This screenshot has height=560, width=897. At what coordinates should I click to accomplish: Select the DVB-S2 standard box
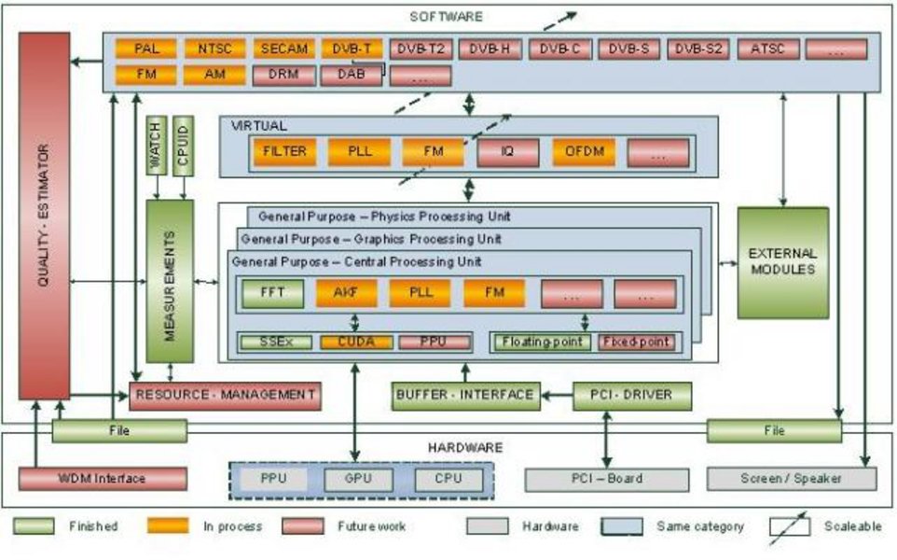pos(698,49)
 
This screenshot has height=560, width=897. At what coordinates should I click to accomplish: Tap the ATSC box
pos(767,49)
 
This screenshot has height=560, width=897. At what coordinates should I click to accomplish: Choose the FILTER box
pos(284,151)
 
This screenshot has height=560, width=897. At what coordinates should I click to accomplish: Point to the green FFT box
pos(267,292)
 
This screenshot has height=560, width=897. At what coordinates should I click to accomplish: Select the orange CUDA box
pos(354,343)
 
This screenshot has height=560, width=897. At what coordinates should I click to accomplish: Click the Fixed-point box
pos(635,343)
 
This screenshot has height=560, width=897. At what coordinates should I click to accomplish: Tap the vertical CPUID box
pos(184,146)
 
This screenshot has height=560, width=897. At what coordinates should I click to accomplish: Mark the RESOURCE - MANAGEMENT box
pos(225,395)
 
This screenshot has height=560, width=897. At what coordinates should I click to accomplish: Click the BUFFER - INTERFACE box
pos(464,395)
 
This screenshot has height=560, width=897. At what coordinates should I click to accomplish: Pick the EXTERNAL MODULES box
pos(783,261)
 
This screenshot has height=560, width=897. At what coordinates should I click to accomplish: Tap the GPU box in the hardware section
pos(359,480)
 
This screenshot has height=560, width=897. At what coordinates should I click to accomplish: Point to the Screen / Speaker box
pos(792,479)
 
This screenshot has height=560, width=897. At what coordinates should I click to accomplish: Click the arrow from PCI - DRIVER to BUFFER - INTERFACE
pos(556,396)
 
